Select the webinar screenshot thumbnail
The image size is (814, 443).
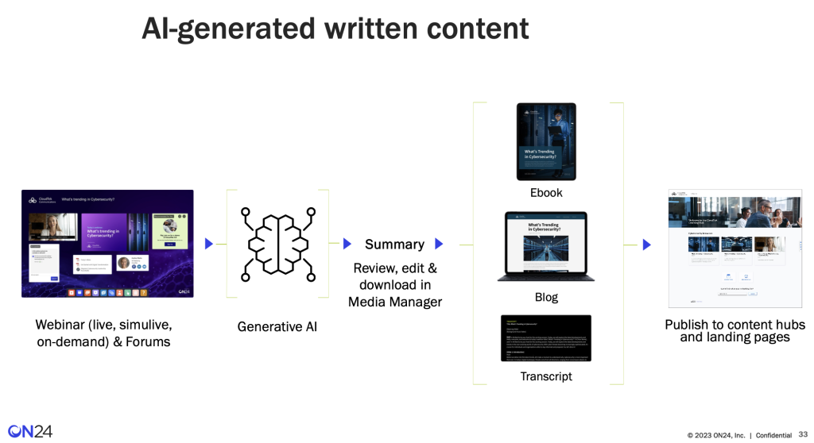click(107, 244)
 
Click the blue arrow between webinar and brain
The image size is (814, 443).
click(209, 244)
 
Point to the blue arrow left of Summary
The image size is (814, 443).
click(347, 244)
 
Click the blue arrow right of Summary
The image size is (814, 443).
click(440, 244)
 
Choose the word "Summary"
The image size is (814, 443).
click(394, 245)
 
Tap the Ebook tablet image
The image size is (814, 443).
click(546, 141)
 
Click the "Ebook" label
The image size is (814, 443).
click(546, 193)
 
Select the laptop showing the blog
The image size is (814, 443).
click(546, 246)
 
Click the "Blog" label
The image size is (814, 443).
click(546, 297)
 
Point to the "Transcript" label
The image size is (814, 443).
click(546, 376)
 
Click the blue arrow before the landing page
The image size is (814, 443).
click(646, 245)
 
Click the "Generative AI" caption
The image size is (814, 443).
click(277, 326)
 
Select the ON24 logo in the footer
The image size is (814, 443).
click(29, 431)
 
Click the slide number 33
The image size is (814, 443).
click(803, 434)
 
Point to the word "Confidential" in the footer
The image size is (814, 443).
click(773, 435)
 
